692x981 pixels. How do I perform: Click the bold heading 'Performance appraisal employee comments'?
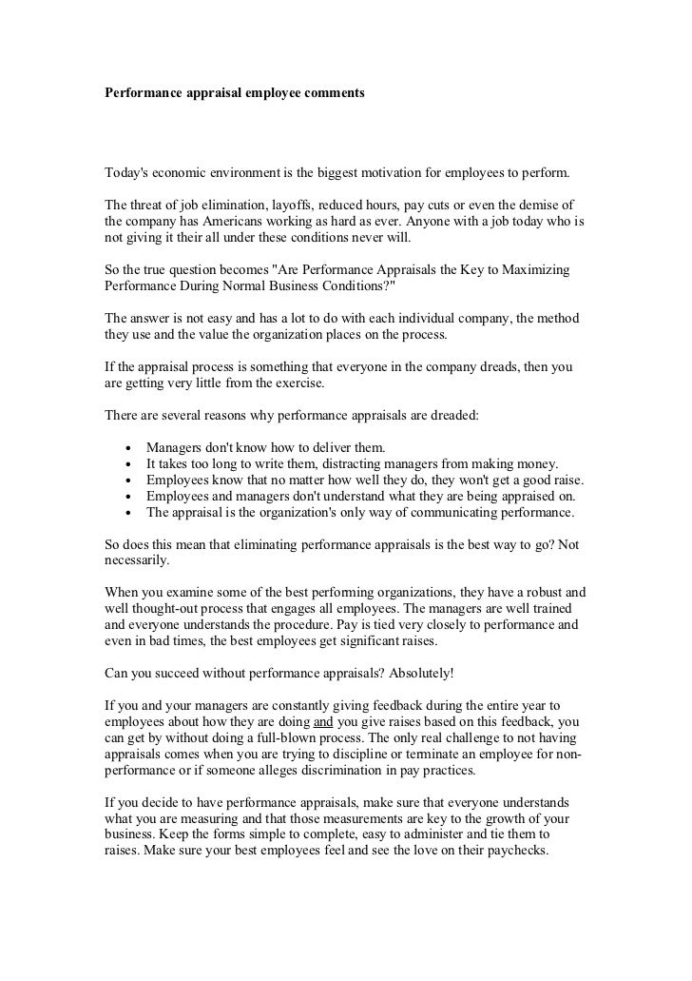[234, 96]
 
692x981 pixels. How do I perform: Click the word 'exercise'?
[298, 384]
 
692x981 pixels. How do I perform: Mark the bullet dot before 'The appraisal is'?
[127, 513]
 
